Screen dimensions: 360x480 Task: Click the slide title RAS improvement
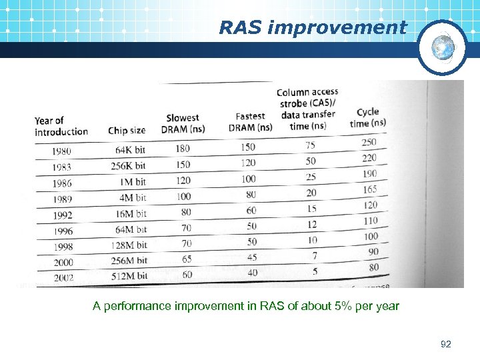point(313,27)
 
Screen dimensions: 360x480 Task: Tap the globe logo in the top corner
point(442,47)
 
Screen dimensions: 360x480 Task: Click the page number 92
point(446,344)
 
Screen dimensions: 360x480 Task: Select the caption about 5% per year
point(246,306)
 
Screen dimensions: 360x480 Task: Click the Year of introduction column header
point(61,126)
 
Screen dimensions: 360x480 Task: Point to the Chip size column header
point(127,131)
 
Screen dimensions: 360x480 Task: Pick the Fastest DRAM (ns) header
point(250,121)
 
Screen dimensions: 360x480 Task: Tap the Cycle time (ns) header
point(367,117)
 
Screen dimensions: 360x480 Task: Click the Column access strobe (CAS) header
point(307,108)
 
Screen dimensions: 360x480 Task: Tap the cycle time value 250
point(369,142)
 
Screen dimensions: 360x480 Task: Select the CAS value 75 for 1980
point(311,145)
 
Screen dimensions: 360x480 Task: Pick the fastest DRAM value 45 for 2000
point(251,257)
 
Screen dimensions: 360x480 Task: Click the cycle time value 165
point(369,190)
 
